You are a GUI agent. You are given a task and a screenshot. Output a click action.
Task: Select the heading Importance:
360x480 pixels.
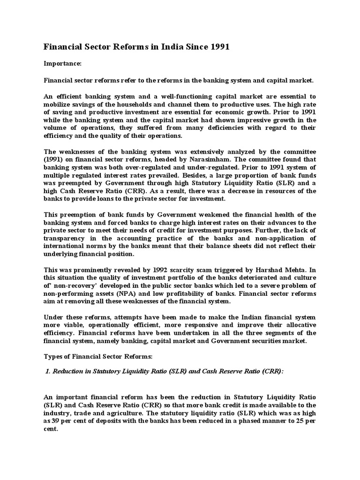[x=63, y=62]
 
